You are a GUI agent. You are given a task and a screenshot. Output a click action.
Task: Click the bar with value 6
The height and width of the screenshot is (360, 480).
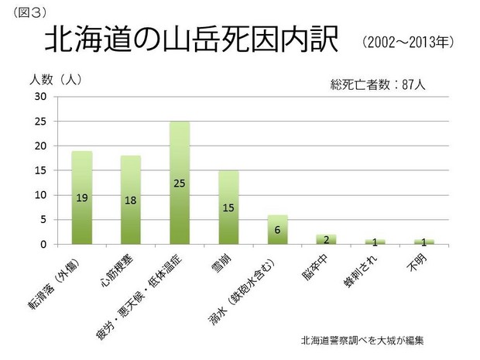coord(277,230)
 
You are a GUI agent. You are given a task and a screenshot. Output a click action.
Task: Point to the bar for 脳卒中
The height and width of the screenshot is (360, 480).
coord(326,239)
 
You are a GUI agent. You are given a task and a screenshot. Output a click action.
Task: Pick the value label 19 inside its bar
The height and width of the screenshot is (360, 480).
coord(81,198)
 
